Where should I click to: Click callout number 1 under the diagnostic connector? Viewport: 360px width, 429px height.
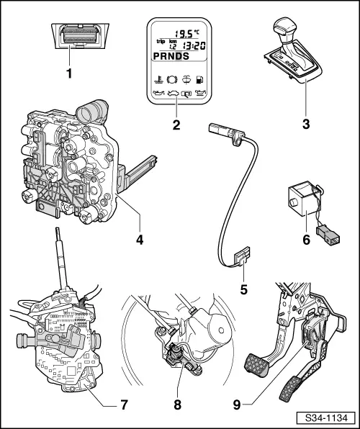pyautogui.click(x=70, y=73)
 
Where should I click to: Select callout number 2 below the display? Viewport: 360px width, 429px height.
pyautogui.click(x=176, y=125)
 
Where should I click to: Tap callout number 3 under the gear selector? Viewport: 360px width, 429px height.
pyautogui.click(x=306, y=124)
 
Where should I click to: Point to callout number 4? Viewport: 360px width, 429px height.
pyautogui.click(x=140, y=240)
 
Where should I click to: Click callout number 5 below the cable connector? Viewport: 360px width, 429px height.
pyautogui.click(x=243, y=289)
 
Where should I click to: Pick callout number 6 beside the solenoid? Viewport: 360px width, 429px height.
pyautogui.click(x=306, y=240)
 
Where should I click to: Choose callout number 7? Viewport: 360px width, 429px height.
pyautogui.click(x=124, y=405)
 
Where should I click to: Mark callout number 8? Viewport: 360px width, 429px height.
pyautogui.click(x=177, y=405)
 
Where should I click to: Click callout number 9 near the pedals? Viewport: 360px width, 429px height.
pyautogui.click(x=237, y=405)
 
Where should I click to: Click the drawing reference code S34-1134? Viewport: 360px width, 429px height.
pyautogui.click(x=326, y=417)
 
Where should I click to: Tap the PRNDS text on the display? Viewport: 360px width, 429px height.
pyautogui.click(x=171, y=56)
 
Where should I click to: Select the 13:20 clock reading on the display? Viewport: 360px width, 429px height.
pyautogui.click(x=194, y=45)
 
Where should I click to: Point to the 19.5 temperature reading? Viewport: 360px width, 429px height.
pyautogui.click(x=184, y=34)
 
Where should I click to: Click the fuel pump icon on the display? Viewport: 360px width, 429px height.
pyautogui.click(x=199, y=80)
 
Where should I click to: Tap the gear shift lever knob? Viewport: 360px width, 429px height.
pyautogui.click(x=284, y=28)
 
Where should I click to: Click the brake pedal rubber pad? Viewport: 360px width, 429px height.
pyautogui.click(x=256, y=365)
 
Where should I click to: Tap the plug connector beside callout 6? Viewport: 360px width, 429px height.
pyautogui.click(x=328, y=235)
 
